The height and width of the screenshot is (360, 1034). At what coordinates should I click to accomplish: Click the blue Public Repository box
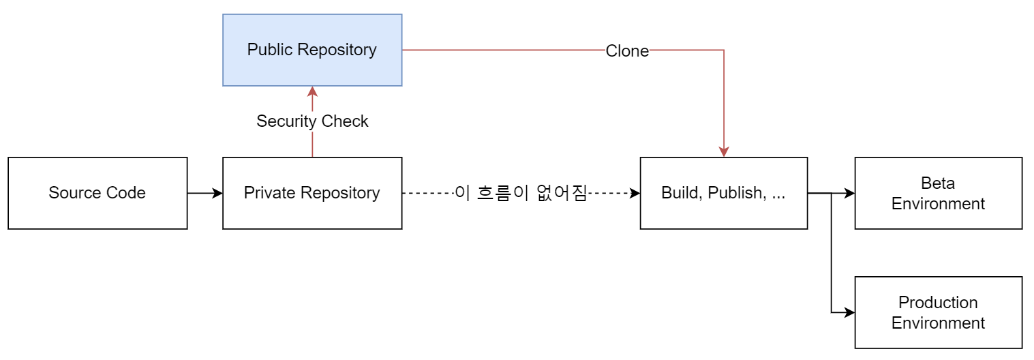point(312,50)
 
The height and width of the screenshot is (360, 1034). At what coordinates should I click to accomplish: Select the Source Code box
point(97,193)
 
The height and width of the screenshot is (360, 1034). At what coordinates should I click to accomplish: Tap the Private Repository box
point(312,193)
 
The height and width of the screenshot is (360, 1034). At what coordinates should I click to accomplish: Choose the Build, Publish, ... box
point(723,193)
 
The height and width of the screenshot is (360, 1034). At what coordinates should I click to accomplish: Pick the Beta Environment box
point(939,193)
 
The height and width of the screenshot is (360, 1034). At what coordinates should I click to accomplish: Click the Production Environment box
point(939,312)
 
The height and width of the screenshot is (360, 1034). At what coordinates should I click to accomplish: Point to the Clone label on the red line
point(627,50)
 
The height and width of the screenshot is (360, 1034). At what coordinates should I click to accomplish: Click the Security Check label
point(312,121)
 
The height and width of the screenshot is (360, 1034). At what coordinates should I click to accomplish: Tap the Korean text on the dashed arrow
point(521,193)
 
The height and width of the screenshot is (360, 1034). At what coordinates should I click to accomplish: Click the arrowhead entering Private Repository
point(217,193)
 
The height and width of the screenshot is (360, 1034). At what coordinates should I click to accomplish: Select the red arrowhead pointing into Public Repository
point(312,91)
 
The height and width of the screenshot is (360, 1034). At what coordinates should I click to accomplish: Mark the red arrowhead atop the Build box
point(724,152)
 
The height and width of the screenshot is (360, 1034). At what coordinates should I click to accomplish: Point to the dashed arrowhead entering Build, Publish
point(635,193)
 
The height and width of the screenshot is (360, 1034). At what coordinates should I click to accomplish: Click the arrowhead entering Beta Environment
point(849,193)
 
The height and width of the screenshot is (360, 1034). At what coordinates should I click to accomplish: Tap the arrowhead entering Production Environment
point(849,312)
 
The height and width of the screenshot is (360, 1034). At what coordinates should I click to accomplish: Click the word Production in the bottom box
point(938,302)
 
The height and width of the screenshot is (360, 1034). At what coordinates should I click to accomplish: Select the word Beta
point(938,183)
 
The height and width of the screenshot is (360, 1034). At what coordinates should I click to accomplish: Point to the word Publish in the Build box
point(737,193)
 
